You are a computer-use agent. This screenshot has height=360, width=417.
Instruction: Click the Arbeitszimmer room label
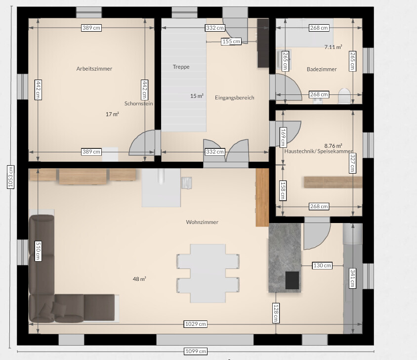pyautogui.click(x=94, y=69)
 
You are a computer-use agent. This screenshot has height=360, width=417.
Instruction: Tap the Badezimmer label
pyautogui.click(x=322, y=69)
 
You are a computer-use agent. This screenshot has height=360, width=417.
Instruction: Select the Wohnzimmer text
pyautogui.click(x=202, y=222)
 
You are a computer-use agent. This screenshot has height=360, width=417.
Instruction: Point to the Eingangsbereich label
pyautogui.click(x=235, y=98)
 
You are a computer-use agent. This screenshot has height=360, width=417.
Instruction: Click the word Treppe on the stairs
pyautogui.click(x=181, y=67)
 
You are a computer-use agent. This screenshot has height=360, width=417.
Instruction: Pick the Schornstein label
pyautogui.click(x=138, y=103)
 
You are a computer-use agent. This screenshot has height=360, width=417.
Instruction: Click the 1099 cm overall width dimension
pyautogui.click(x=196, y=351)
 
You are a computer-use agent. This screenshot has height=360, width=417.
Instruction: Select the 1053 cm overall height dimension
pyautogui.click(x=11, y=177)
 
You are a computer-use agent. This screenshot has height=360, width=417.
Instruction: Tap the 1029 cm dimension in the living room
pyautogui.click(x=196, y=324)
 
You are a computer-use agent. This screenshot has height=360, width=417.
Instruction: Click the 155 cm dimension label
pyautogui.click(x=231, y=42)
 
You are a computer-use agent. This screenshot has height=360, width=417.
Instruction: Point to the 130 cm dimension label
pyautogui.click(x=322, y=266)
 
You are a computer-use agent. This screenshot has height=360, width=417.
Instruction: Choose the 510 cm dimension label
pyautogui.click(x=38, y=251)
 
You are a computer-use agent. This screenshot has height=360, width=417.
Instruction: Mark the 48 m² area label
pyautogui.click(x=139, y=279)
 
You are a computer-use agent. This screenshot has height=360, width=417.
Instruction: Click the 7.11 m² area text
pyautogui.click(x=333, y=47)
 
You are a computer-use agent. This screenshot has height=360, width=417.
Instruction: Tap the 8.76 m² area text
pyautogui.click(x=333, y=146)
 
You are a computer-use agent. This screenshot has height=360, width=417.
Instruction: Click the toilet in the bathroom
pyautogui.click(x=344, y=96)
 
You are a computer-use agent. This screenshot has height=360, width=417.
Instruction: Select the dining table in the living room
pyautogui.click(x=208, y=273)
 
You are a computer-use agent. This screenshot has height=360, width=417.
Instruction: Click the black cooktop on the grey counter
pyautogui.click(x=292, y=280)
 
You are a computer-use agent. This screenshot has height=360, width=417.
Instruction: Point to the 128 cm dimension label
pyautogui.click(x=276, y=313)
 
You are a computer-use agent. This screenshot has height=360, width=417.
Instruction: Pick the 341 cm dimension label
pyautogui.click(x=353, y=278)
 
